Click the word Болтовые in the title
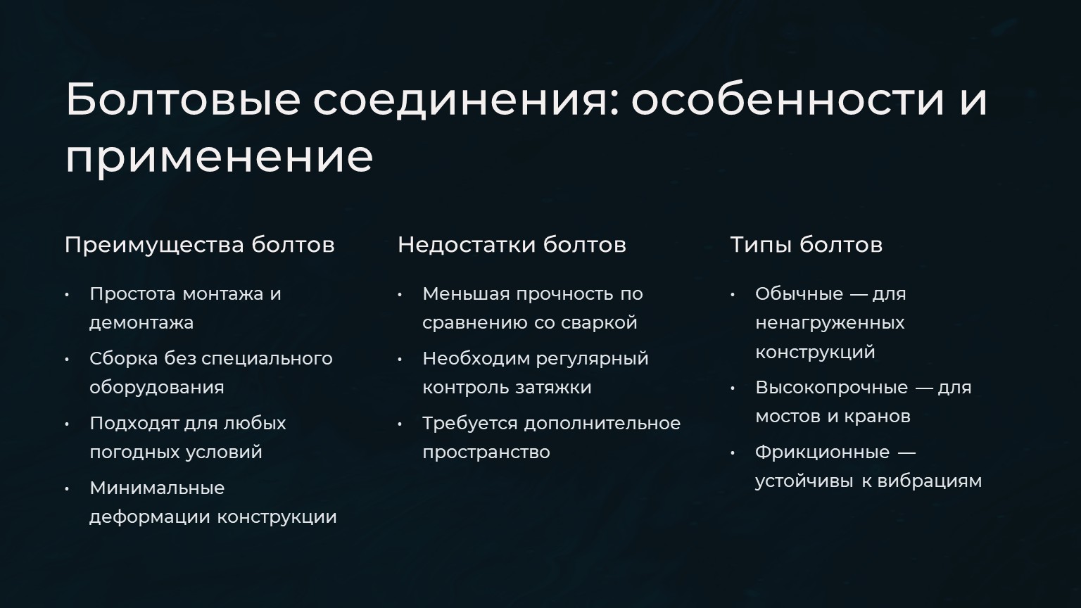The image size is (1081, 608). click(x=183, y=99)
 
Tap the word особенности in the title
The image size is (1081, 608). click(x=787, y=100)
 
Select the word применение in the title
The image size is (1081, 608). click(x=220, y=158)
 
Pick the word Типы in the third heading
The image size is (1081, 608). click(x=761, y=245)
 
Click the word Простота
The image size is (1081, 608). click(x=133, y=293)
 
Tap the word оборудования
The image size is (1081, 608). click(x=157, y=388)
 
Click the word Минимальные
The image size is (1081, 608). click(x=158, y=488)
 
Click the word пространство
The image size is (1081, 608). click(x=486, y=452)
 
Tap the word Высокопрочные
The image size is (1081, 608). click(x=831, y=388)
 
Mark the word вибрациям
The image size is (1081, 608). click(x=930, y=481)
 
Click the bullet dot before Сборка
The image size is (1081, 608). click(x=67, y=360)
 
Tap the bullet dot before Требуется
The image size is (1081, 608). click(x=400, y=424)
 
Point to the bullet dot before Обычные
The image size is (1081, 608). click(x=733, y=294)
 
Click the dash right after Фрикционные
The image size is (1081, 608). click(x=906, y=453)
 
